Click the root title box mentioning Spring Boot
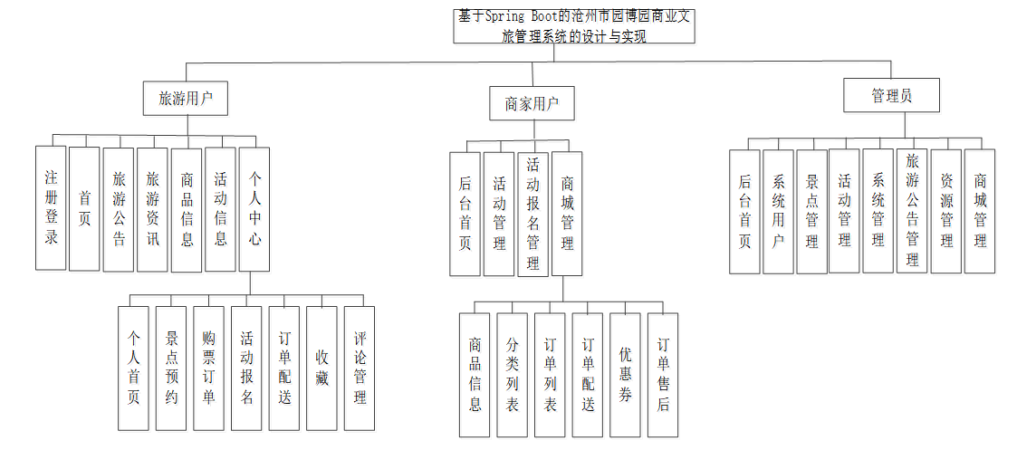click(574, 26)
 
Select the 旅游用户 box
click(185, 98)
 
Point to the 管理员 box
click(891, 95)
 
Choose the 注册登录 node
click(52, 208)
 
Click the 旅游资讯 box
click(152, 209)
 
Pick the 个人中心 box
click(254, 209)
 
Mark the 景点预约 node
click(171, 368)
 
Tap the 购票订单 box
click(209, 368)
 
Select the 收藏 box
click(321, 368)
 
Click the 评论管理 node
click(360, 368)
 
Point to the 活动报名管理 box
click(532, 214)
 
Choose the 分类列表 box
click(512, 375)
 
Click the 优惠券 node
click(625, 375)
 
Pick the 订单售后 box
click(663, 375)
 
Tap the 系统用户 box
click(778, 212)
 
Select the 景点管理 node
click(811, 212)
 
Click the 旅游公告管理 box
click(912, 212)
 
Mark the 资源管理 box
click(945, 212)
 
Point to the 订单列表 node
click(550, 375)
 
